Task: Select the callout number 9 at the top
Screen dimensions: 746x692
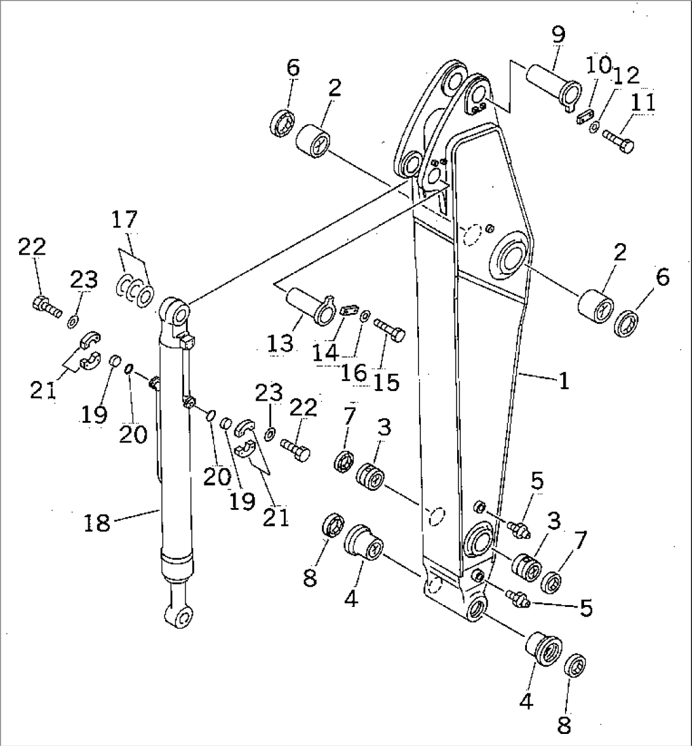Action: pyautogui.click(x=557, y=36)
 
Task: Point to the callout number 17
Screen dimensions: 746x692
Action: pyautogui.click(x=124, y=220)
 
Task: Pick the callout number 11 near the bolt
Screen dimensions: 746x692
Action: pyautogui.click(x=643, y=103)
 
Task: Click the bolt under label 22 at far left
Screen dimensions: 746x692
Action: pyautogui.click(x=46, y=306)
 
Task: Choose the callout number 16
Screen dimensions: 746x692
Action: pyautogui.click(x=352, y=373)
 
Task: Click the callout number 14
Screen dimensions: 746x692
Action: pyautogui.click(x=325, y=352)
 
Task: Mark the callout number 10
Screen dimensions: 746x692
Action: pyautogui.click(x=597, y=65)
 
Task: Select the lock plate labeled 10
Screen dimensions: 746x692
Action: pyautogui.click(x=584, y=116)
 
